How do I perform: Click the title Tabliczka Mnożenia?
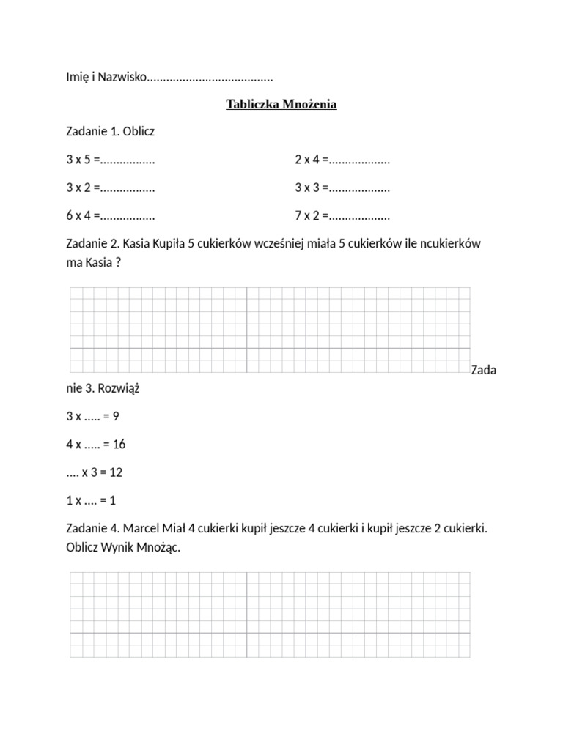281,105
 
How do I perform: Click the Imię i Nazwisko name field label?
106,77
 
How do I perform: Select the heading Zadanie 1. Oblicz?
111,132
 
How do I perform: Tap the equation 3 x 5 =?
83,160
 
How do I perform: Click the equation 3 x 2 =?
83,187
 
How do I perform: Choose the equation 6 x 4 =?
83,216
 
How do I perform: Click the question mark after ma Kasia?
117,263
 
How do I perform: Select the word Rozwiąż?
119,389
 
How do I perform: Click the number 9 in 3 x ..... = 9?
116,417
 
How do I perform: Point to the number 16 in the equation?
119,445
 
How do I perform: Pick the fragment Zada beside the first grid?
484,370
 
